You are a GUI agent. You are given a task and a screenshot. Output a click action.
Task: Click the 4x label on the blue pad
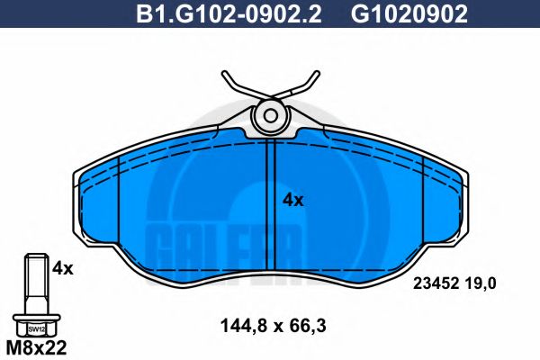point(293,200)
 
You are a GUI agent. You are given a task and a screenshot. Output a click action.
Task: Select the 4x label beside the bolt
point(61,267)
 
